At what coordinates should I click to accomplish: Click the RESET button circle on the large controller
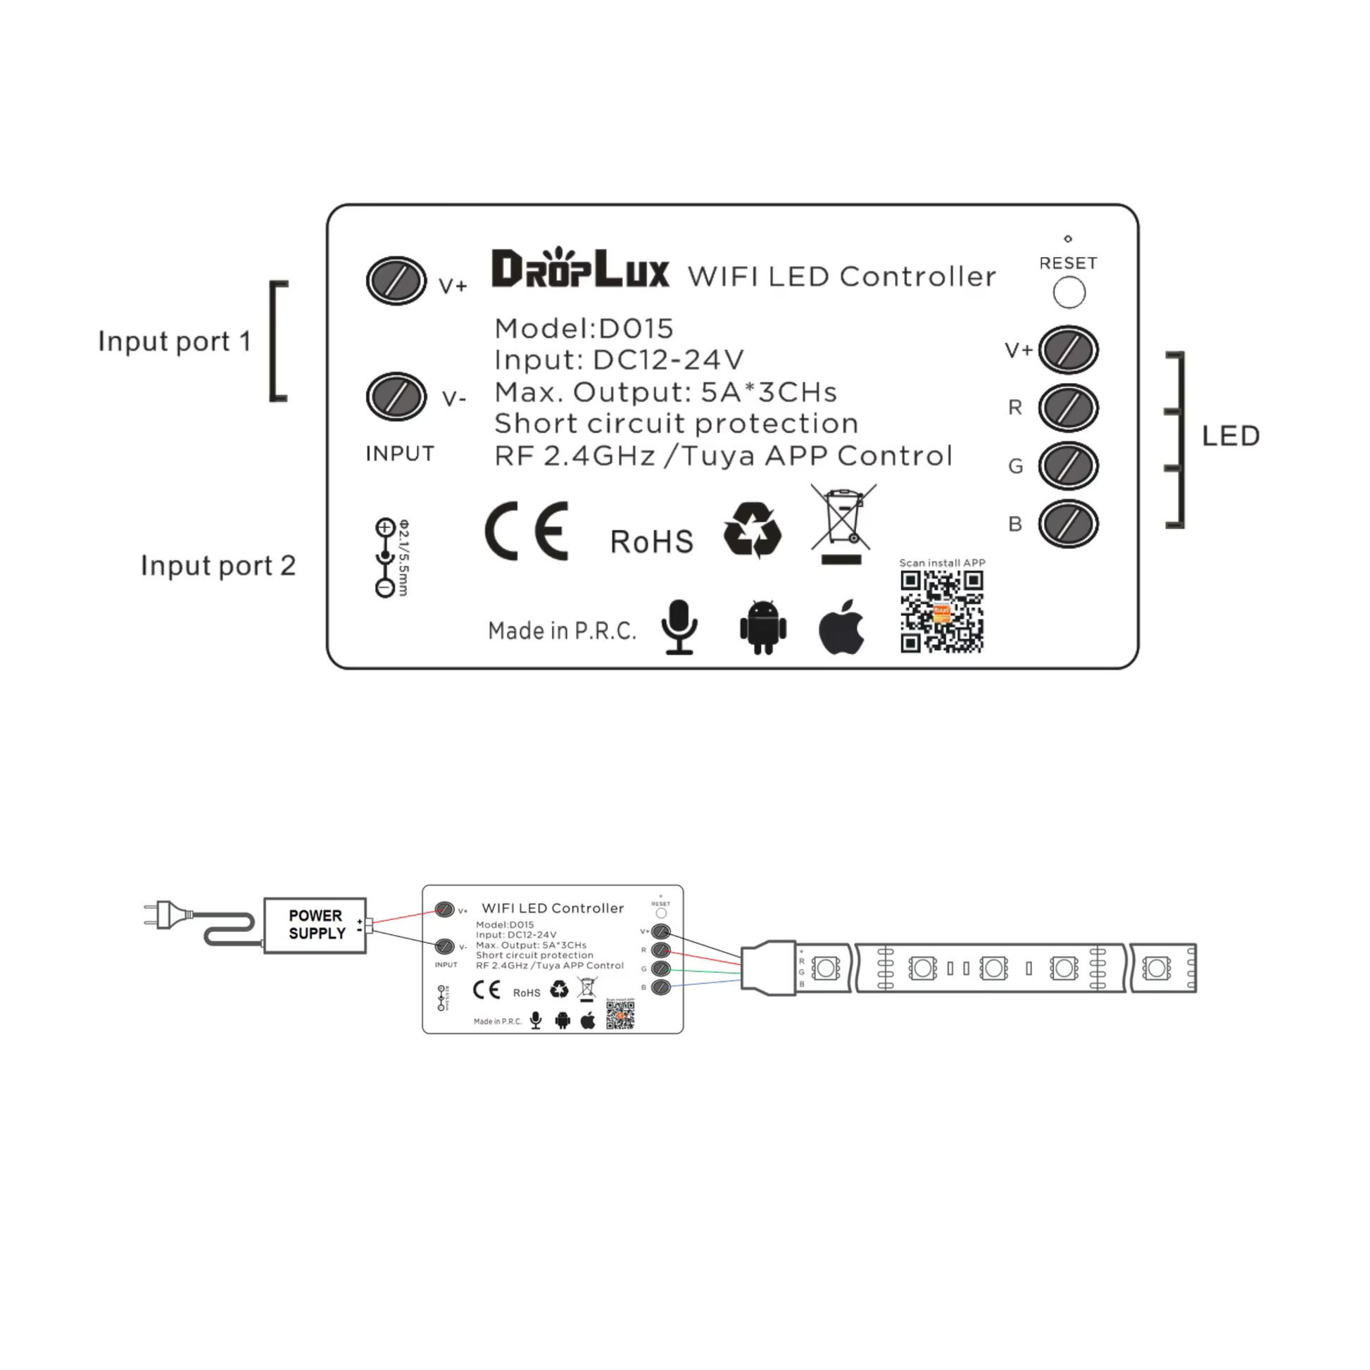click(1069, 292)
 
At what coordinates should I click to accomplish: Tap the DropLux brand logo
click(580, 269)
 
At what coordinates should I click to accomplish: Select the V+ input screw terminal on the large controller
click(396, 281)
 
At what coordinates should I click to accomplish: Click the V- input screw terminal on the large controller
click(396, 396)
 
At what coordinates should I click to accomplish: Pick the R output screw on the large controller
click(1068, 408)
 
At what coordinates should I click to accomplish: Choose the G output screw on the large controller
click(1068, 466)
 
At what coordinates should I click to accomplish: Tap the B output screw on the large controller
click(1068, 524)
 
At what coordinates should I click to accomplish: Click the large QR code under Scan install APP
click(942, 611)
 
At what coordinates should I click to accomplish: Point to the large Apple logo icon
click(842, 627)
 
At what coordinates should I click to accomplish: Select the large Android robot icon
click(763, 627)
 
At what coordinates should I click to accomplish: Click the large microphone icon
click(679, 627)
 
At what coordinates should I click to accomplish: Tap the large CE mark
click(527, 531)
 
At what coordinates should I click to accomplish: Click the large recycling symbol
click(753, 529)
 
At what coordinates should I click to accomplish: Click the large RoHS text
click(651, 542)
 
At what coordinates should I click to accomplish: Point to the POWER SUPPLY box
click(315, 925)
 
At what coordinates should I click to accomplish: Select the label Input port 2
click(218, 566)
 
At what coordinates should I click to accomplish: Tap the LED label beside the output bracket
click(1231, 436)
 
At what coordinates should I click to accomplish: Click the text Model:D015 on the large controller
click(584, 328)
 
